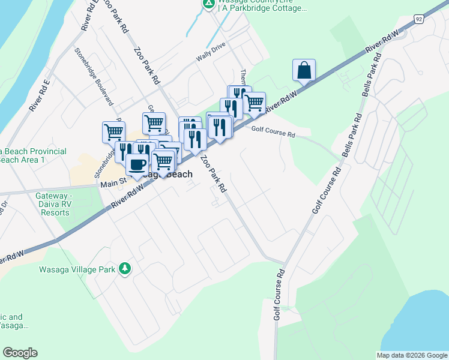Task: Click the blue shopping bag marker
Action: click(x=304, y=70)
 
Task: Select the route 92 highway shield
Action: click(x=419, y=19)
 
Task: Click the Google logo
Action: click(x=20, y=353)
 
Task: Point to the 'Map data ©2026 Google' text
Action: click(x=412, y=355)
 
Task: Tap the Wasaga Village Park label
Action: click(x=77, y=269)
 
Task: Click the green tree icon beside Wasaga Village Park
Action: click(x=125, y=268)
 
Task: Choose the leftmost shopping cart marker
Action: click(x=113, y=131)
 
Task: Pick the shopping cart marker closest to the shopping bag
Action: click(x=255, y=103)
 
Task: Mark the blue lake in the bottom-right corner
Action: click(x=423, y=324)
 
